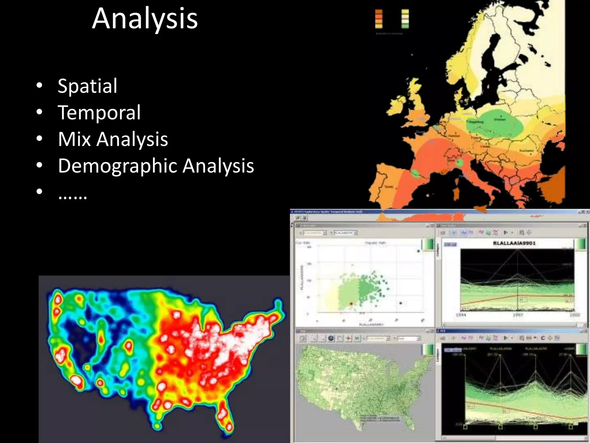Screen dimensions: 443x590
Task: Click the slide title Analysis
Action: (x=145, y=19)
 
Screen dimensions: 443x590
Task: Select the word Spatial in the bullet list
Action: (x=88, y=86)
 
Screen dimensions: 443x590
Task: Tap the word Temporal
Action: (x=99, y=112)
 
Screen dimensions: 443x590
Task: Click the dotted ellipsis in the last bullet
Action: (x=72, y=195)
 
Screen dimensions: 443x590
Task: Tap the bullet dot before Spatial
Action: (x=39, y=85)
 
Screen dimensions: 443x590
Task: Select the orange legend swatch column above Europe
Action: (x=379, y=19)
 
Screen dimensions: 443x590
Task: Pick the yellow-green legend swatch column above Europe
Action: (x=405, y=19)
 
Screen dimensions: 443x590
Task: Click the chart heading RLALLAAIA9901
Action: (x=514, y=243)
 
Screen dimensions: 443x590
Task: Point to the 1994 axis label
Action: (x=461, y=315)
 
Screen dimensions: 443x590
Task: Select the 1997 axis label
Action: (x=518, y=315)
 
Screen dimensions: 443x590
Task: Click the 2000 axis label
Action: (x=574, y=315)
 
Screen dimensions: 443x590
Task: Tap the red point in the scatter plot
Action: (x=351, y=304)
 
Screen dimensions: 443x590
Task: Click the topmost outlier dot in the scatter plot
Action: (x=419, y=251)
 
